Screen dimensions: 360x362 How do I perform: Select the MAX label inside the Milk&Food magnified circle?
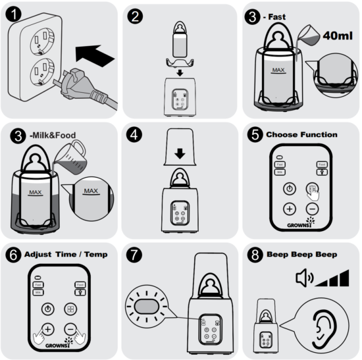click(x=93, y=192)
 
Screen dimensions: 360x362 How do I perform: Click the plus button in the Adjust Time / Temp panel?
click(x=47, y=329)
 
